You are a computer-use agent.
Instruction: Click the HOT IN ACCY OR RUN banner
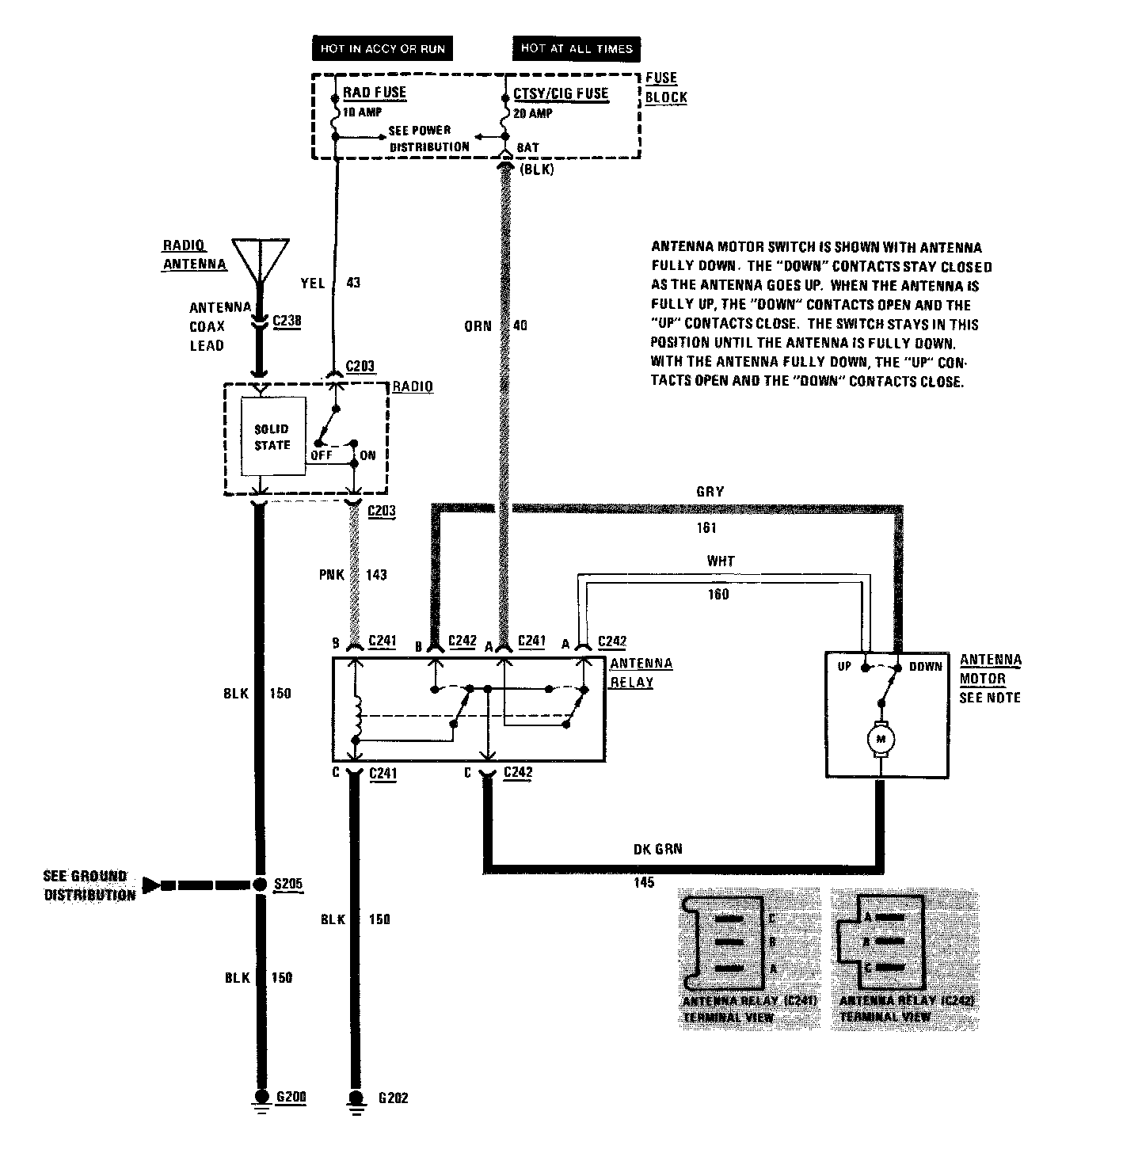click(x=383, y=48)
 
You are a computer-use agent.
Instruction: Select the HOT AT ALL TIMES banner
click(x=577, y=48)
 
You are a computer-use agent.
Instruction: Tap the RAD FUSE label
click(x=374, y=93)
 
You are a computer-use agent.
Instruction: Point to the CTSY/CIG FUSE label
click(x=561, y=93)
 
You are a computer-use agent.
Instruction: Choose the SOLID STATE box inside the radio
click(x=272, y=437)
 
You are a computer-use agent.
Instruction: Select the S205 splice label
click(x=288, y=884)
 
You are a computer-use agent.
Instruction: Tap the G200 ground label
click(x=291, y=1097)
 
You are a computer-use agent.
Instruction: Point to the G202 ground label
click(x=392, y=1098)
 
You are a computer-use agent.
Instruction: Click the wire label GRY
click(x=710, y=492)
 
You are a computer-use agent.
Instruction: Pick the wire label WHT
click(x=721, y=561)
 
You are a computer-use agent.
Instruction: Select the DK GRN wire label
click(x=657, y=849)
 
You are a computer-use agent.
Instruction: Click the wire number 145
click(x=645, y=882)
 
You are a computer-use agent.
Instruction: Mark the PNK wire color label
click(x=332, y=574)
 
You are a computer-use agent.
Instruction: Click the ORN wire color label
click(x=478, y=325)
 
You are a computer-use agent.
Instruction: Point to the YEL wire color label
click(x=313, y=283)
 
